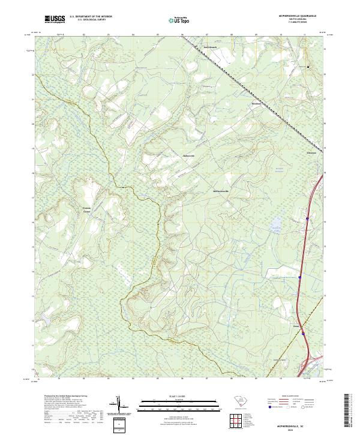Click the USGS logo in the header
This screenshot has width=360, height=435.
pyautogui.click(x=55, y=19)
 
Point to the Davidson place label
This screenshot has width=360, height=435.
pyautogui.click(x=256, y=103)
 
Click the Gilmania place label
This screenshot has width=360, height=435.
pyautogui.click(x=311, y=152)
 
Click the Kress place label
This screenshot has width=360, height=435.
pyautogui.click(x=296, y=310)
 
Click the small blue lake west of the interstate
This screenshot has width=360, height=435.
pyautogui.click(x=275, y=226)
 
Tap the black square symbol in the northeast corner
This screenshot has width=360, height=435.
pyautogui.click(x=309, y=67)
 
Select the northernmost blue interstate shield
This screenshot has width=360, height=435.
pyautogui.click(x=307, y=220)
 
